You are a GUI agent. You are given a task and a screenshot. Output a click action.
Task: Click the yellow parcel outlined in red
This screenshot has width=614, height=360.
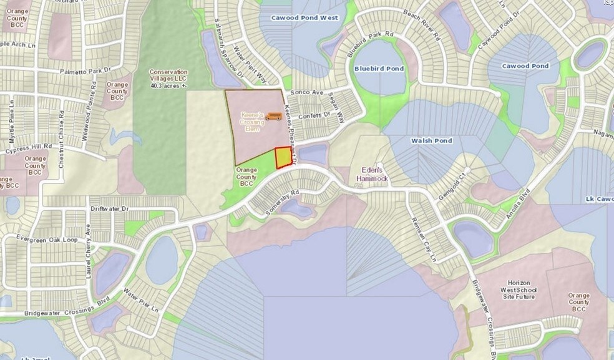click(x=283, y=157)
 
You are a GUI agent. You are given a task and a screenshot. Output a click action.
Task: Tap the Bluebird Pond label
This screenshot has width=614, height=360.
click(x=379, y=69)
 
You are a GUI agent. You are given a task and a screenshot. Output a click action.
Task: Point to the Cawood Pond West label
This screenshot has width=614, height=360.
click(x=305, y=18)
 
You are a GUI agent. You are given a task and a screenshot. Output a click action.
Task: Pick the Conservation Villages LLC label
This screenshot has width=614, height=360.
click(x=168, y=79)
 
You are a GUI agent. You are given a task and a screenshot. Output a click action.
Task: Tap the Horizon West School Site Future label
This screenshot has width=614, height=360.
click(x=519, y=290)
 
